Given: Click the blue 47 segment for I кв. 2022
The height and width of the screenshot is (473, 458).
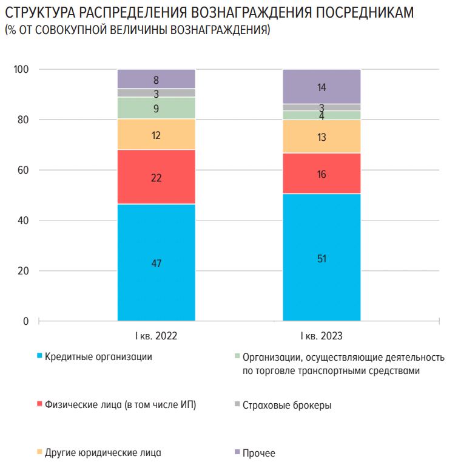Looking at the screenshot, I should (156, 262).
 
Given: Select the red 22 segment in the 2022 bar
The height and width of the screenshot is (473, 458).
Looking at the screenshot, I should (156, 177).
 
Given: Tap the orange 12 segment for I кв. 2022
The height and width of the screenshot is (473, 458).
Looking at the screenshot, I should (156, 135).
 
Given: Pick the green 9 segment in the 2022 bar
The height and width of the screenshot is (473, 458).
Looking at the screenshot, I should (156, 108).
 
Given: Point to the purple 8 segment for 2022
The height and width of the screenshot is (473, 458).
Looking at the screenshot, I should (156, 79).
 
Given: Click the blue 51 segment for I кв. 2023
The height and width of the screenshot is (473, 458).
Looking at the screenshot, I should (322, 257).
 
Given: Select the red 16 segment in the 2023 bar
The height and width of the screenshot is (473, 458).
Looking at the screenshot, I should (322, 174).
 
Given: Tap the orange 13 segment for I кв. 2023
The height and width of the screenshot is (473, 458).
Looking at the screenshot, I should (322, 137).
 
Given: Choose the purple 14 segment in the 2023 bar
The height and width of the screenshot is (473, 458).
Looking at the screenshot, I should (322, 87).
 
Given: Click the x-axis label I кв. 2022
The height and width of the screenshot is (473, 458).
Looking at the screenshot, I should (156, 335).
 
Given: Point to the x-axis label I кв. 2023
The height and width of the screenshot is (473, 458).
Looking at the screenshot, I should (322, 335).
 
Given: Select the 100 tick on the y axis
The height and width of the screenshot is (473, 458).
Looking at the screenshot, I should (21, 70).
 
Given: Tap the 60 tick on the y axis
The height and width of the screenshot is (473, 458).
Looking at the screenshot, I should (23, 170).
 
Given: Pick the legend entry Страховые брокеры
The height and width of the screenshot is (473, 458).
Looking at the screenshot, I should (286, 405).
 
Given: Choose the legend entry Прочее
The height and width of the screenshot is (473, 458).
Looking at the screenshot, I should (258, 453).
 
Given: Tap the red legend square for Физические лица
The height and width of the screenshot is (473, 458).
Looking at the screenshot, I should (40, 404).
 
